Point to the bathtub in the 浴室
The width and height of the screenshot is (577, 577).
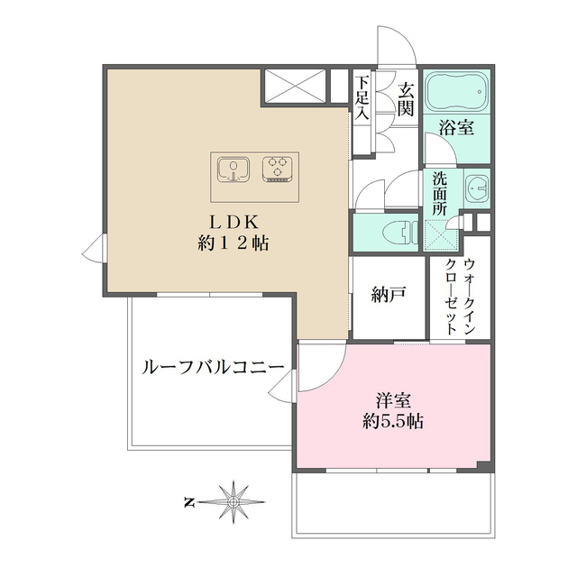point(456,92)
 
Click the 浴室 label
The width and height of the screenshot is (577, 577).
point(456,128)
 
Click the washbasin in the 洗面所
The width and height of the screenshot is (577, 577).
point(477,188)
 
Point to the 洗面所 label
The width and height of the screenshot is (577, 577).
point(439,192)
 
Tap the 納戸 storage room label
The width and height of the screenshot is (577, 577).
point(389,294)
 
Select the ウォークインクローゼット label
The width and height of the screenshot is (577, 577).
point(459,298)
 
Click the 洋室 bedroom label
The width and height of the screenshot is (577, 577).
point(392,398)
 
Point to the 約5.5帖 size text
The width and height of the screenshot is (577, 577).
point(392,420)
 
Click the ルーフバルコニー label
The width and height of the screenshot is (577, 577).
point(213,368)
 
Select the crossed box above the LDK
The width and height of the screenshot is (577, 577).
point(294,87)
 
